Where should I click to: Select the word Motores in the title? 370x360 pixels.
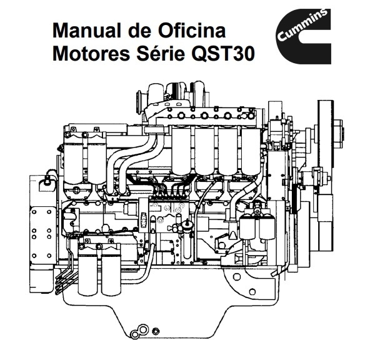pyautogui.click(x=91, y=53)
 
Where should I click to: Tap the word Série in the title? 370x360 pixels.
pyautogui.click(x=161, y=53)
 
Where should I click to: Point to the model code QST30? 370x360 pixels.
pyautogui.click(x=223, y=54)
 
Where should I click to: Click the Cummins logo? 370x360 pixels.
pyautogui.click(x=304, y=36)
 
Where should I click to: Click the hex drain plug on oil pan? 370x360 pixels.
pyautogui.click(x=156, y=331)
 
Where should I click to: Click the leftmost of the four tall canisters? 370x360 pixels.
pyautogui.click(x=181, y=151)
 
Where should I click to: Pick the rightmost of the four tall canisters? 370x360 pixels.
pyautogui.click(x=251, y=151)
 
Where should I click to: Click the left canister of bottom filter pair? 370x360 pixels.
pyautogui.click(x=87, y=274)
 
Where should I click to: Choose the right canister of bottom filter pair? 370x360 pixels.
pyautogui.click(x=111, y=274)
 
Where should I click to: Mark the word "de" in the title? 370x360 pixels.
pyautogui.click(x=140, y=31)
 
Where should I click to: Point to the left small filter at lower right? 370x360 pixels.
pyautogui.click(x=247, y=226)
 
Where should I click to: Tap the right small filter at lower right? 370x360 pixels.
pyautogui.click(x=267, y=226)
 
